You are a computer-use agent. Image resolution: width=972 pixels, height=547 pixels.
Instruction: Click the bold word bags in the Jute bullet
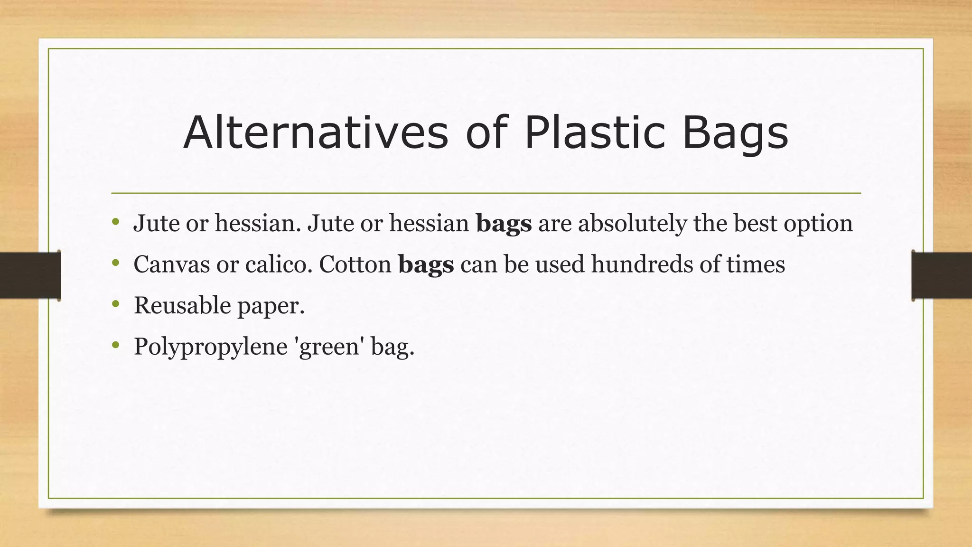tap(504, 224)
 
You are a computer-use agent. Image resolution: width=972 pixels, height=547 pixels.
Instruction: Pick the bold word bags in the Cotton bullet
tap(426, 264)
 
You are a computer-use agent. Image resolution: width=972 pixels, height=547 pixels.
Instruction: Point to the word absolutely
tap(632, 224)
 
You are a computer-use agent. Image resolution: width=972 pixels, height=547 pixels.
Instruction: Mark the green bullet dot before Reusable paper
tap(115, 304)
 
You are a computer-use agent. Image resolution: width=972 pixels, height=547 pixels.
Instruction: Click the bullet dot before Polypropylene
tap(115, 345)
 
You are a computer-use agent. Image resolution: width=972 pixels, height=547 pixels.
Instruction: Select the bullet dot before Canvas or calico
tap(115, 263)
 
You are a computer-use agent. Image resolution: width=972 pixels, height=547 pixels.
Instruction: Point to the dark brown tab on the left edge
tap(30, 275)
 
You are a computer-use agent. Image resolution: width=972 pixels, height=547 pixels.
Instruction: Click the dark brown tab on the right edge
tap(942, 275)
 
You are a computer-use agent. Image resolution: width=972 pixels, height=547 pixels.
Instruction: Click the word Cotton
tap(355, 264)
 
